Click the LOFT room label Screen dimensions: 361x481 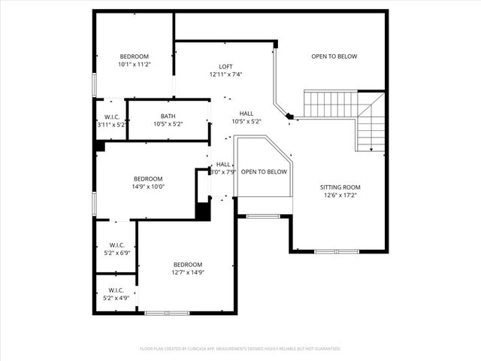point(225,65)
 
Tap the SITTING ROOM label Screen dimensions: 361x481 point(340,187)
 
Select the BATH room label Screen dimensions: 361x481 point(168,116)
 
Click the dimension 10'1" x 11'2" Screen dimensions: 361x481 point(135,65)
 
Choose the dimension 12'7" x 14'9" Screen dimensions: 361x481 point(188,272)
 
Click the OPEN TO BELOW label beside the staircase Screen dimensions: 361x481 point(334,56)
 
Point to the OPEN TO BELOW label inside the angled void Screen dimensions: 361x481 point(264,171)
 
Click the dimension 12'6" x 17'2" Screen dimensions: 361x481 point(340,195)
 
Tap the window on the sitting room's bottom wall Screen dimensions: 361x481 point(337,250)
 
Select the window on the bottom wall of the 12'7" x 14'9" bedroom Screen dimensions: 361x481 point(168,312)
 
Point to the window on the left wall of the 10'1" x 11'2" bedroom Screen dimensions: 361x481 point(95,84)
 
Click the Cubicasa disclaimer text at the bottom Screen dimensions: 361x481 point(240,349)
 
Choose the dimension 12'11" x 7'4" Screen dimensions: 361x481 point(225,74)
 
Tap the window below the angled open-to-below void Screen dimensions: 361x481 point(264,217)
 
